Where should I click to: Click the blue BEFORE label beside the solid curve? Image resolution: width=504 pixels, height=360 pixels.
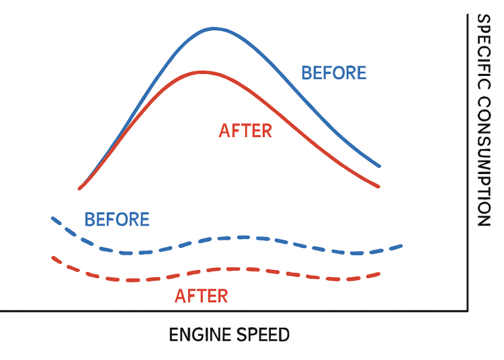tap(334, 73)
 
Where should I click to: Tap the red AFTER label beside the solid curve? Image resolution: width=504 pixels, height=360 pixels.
tap(245, 130)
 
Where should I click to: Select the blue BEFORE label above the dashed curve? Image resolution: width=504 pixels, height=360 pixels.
tap(117, 219)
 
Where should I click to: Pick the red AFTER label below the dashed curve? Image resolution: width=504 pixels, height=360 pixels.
tap(201, 296)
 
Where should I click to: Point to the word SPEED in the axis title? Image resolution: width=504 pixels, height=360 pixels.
tap(262, 334)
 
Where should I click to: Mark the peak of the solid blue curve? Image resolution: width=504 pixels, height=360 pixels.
tap(214, 28)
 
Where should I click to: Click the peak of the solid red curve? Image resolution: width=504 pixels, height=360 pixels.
tap(201, 71)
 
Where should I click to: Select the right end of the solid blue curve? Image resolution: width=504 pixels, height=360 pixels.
tap(380, 166)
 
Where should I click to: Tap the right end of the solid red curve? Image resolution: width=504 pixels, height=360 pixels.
tap(379, 186)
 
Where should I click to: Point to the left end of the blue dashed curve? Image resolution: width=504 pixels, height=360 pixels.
tap(53, 218)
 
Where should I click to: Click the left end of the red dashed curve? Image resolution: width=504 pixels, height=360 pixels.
tap(53, 257)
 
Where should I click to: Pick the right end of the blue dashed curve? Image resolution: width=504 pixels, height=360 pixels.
tap(402, 246)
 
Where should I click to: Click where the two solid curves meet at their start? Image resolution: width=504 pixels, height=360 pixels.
tap(80, 188)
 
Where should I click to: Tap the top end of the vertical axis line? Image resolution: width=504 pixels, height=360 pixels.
tap(467, 15)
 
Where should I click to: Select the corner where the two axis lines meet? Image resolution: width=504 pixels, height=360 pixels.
tap(467, 311)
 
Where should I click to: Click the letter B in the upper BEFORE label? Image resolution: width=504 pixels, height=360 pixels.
tap(306, 73)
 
